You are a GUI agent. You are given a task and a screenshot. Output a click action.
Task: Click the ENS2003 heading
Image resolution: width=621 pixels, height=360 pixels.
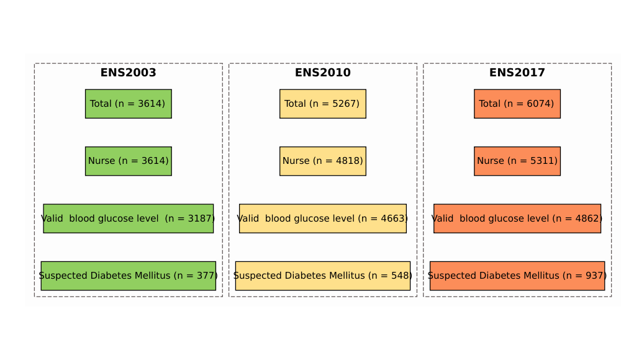coord(129,73)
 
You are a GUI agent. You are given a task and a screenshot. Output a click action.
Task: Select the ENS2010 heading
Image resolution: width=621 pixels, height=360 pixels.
coord(323,73)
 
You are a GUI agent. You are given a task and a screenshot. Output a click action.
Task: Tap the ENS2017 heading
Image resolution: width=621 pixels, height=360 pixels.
coord(517,73)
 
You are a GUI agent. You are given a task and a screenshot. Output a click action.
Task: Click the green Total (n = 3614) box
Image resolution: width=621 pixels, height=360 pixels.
coord(129,104)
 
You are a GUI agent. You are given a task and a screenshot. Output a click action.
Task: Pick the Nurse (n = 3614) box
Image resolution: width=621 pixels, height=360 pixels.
coord(129,161)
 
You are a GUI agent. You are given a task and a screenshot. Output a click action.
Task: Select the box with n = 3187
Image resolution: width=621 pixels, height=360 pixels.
coord(129,218)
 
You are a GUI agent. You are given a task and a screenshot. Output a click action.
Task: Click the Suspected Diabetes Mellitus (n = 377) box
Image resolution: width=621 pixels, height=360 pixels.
coord(129,276)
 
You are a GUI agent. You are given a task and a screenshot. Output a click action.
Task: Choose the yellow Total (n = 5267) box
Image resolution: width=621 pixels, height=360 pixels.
coord(323,104)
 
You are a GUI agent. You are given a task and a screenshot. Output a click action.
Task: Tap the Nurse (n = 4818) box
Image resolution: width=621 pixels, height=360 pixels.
coord(323,161)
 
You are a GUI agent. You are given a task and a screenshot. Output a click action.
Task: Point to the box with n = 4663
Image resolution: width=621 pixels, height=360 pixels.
coord(323,218)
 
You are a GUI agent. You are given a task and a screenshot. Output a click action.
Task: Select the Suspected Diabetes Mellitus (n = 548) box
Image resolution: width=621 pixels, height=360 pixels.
coord(323,276)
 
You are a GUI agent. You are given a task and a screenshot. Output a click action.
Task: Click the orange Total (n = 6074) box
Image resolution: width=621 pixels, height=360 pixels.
coord(517,104)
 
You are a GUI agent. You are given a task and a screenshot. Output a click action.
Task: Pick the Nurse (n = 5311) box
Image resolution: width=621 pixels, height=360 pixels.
coord(517,161)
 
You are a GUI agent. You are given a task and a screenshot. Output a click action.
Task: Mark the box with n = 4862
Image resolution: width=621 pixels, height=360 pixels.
coord(517,218)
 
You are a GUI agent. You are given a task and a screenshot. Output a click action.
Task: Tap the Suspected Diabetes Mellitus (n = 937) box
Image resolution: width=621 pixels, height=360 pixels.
coord(517,276)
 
